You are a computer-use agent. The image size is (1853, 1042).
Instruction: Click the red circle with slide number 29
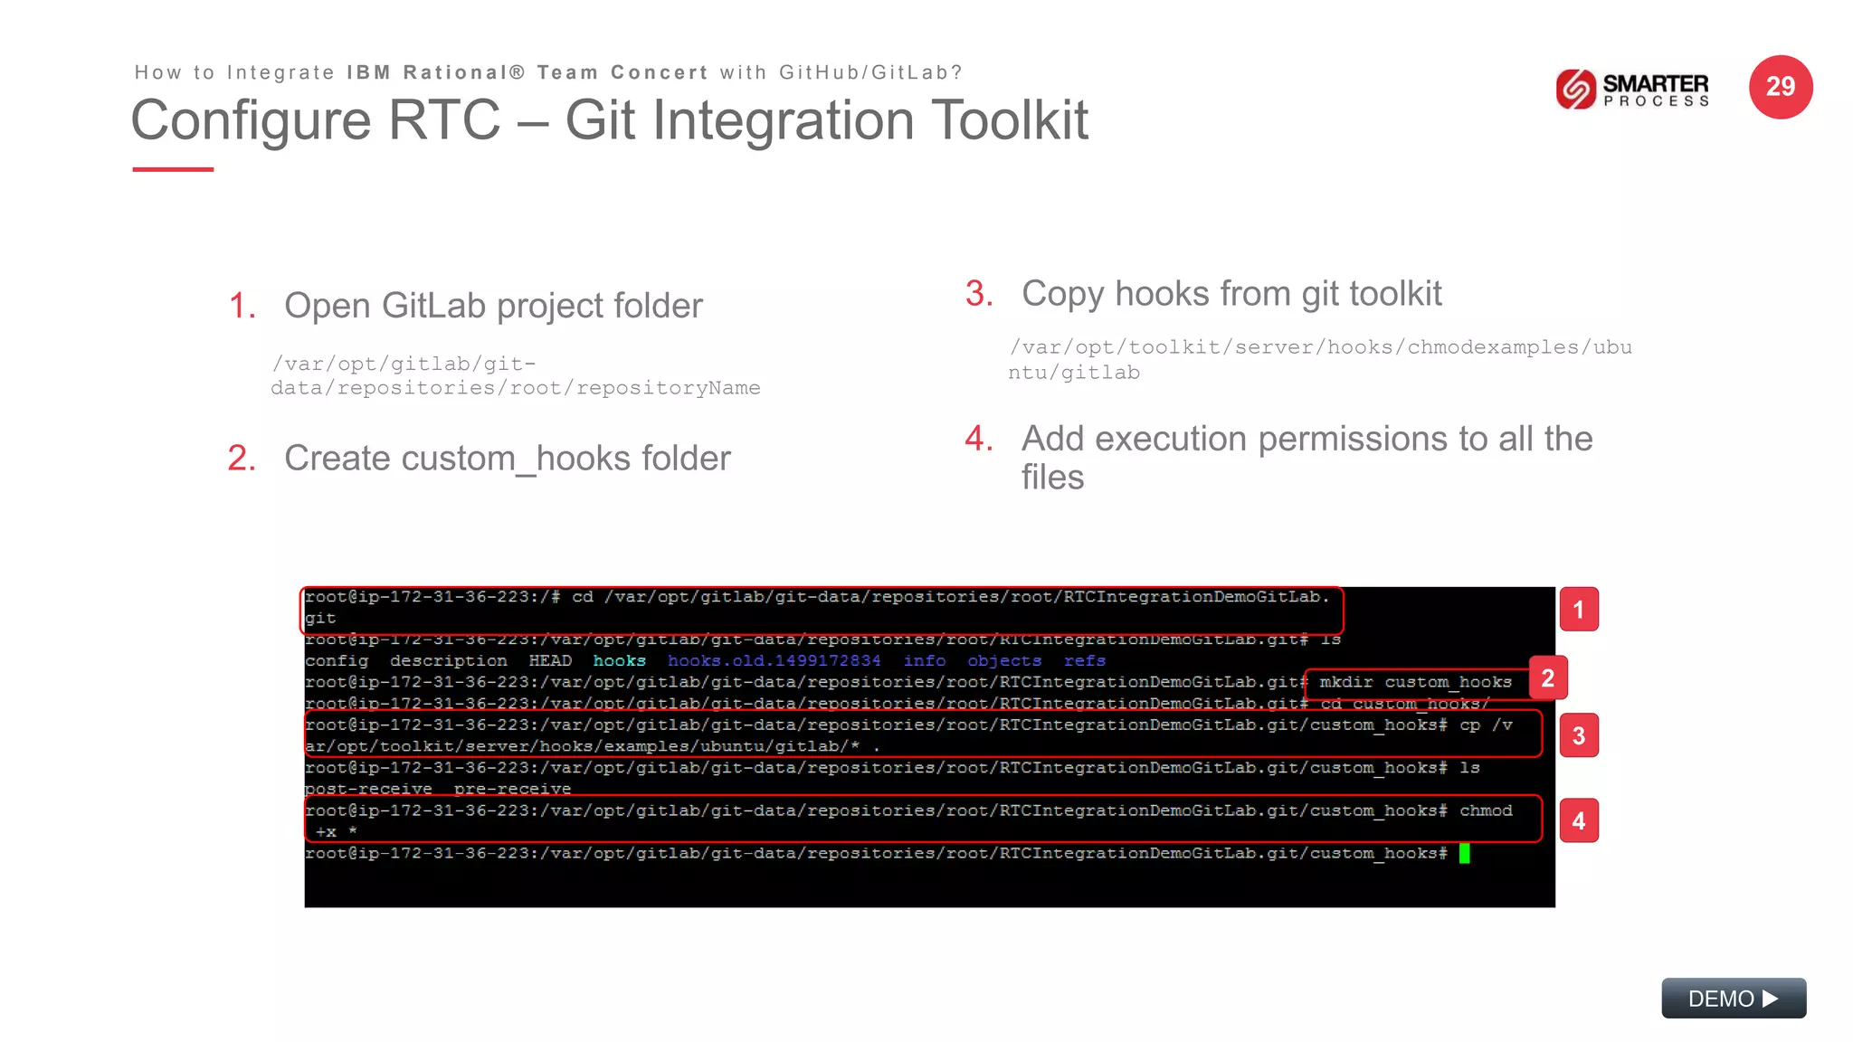pos(1780,87)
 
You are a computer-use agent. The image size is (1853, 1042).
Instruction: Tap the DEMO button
pos(1733,998)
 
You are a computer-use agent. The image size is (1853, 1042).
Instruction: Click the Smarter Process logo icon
pos(1575,89)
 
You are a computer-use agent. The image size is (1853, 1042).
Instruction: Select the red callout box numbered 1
pos(1578,610)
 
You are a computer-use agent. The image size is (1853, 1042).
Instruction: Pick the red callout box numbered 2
pos(1547,678)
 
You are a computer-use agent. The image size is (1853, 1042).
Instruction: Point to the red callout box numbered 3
pos(1578,735)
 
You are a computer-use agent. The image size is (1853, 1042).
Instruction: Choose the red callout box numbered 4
pos(1578,820)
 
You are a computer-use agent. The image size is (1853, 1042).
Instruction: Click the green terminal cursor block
pos(1464,853)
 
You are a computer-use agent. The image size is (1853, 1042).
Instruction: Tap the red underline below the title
pos(173,169)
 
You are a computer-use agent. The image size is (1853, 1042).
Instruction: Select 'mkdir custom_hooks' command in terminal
pos(1415,682)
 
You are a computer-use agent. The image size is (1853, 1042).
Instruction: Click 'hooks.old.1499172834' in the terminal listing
pos(774,661)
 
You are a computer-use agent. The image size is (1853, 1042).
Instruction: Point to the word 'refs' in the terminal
pos(1084,661)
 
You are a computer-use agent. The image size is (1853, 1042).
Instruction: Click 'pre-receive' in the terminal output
pos(512,789)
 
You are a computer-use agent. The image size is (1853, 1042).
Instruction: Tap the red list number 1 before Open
pos(242,306)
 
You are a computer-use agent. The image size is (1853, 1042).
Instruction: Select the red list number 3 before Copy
pos(979,294)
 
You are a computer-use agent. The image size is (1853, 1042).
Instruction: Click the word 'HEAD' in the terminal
pos(550,661)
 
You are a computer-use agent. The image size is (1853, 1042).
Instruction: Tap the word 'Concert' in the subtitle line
pos(659,72)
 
